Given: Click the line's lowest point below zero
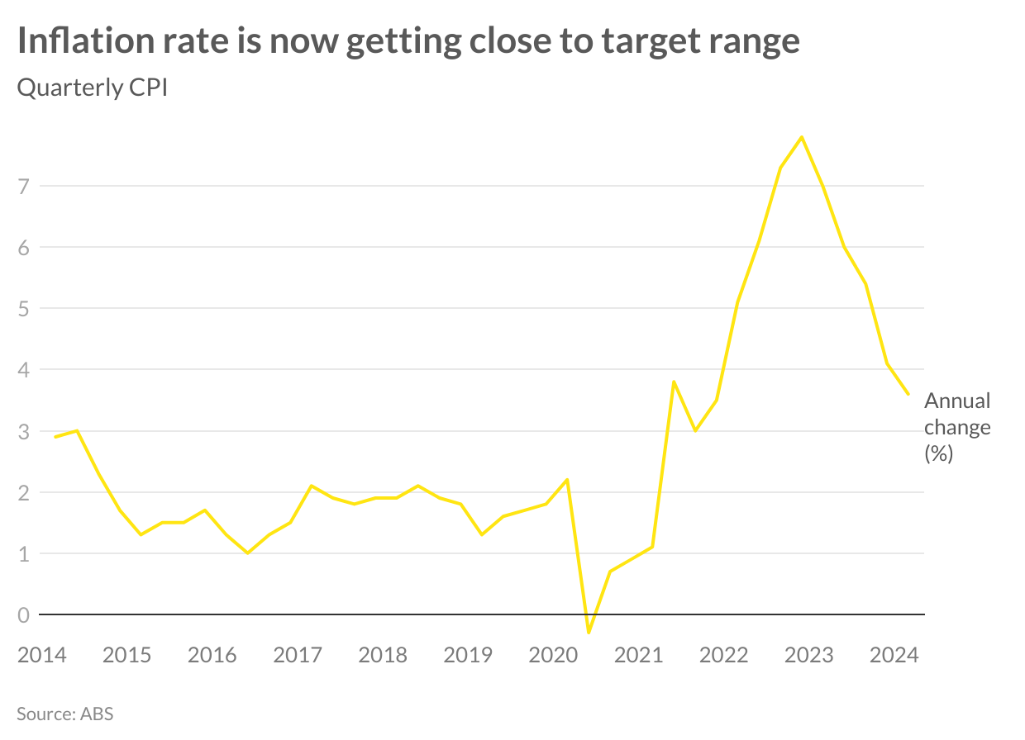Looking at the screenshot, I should (589, 633).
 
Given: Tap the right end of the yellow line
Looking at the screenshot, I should (908, 394).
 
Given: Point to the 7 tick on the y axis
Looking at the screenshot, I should (23, 186).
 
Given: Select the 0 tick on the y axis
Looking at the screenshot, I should (23, 614).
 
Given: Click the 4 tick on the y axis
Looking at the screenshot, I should (23, 370).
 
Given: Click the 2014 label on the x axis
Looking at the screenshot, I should (41, 656).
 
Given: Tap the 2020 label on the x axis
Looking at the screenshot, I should (553, 656).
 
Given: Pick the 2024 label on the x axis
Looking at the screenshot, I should (894, 656).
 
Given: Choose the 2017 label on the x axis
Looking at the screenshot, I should (298, 656).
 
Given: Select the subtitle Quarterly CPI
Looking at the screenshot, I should (93, 88).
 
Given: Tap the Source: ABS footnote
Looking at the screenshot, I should (64, 714).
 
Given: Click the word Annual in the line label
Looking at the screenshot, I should (956, 401).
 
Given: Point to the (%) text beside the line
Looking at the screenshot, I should (939, 453).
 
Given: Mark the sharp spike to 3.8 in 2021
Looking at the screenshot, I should (674, 382).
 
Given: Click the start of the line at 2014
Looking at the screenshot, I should (55, 437).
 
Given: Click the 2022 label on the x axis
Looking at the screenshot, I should (723, 656).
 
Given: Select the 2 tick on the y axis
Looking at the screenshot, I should (23, 492).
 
